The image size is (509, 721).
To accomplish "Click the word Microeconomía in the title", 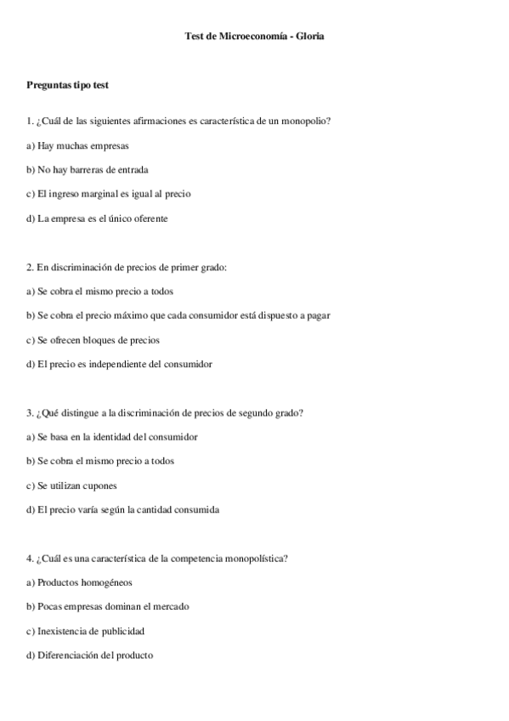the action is coord(253,37).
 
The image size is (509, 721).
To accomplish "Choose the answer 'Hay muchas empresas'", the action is coord(77,145).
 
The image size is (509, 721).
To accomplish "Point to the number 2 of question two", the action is coord(29,267).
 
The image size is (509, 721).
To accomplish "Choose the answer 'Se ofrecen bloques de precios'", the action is coord(93,340).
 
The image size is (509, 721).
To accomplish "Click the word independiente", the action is coord(122,365).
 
